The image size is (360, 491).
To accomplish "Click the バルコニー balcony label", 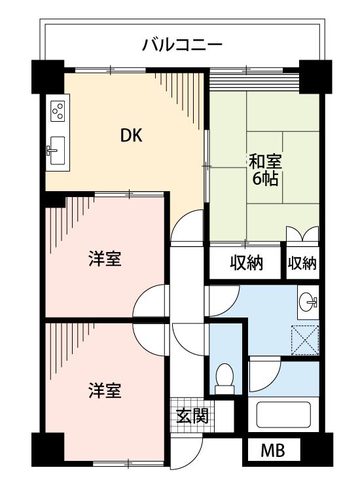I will (x=183, y=45).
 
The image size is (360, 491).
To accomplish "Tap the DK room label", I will (x=132, y=136).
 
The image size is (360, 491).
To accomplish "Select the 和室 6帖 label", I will (x=265, y=170).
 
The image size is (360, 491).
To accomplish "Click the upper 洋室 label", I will (x=105, y=259).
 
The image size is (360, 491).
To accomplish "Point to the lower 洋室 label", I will (x=105, y=391).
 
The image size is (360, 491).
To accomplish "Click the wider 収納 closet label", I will (x=245, y=263).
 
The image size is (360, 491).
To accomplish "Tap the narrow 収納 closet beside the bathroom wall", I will (x=302, y=263).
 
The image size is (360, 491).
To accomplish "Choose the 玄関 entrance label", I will (x=192, y=415).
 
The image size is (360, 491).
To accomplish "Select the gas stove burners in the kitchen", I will (x=57, y=109).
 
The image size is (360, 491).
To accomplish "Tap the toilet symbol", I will (x=225, y=379).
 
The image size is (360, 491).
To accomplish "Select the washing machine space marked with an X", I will (x=305, y=339).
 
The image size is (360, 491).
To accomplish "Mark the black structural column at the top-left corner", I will (x=46, y=76).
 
